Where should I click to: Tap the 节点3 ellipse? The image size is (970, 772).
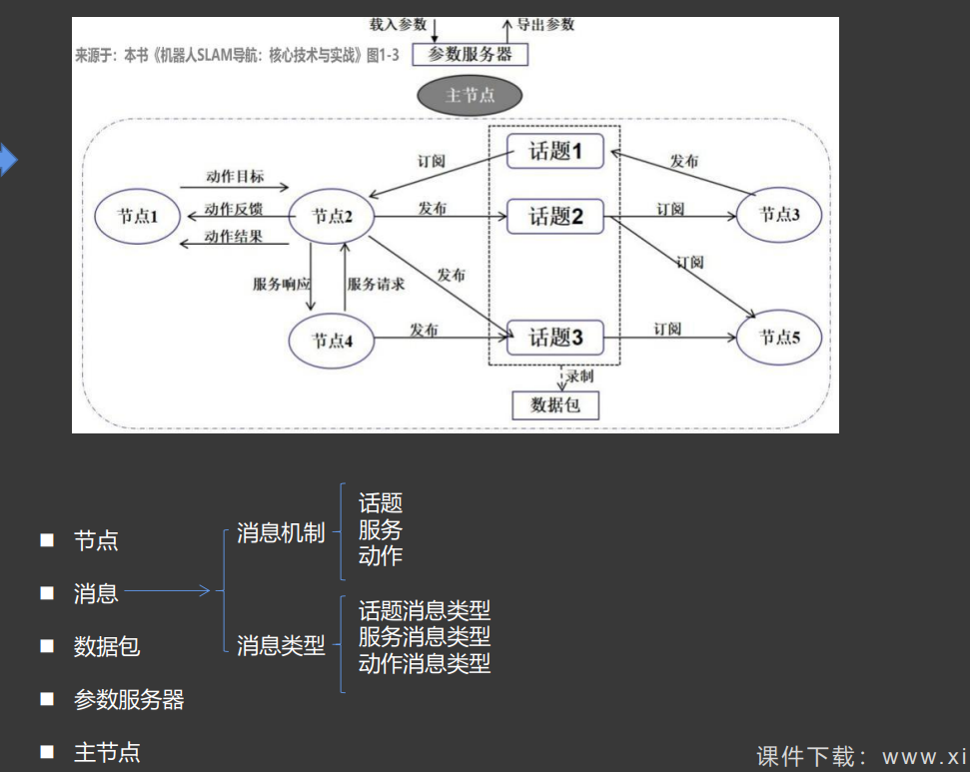(x=780, y=214)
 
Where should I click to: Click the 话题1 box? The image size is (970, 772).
(x=555, y=152)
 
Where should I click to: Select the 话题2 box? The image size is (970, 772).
(x=555, y=216)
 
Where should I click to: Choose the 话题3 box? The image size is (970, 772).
(x=555, y=338)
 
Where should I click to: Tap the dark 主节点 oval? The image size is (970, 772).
(x=470, y=96)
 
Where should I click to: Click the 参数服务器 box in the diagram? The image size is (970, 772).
(x=470, y=54)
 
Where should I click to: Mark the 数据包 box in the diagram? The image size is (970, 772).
(x=555, y=404)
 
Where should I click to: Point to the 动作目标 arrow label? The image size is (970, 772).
(x=236, y=177)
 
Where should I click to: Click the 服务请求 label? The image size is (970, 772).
(x=377, y=284)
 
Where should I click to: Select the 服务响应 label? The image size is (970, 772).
(x=282, y=284)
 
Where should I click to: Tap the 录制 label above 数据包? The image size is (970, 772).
(x=580, y=377)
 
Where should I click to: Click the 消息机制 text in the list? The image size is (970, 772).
(x=281, y=533)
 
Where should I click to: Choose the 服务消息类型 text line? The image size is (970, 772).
(x=425, y=636)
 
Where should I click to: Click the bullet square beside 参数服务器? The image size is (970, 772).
(x=46, y=699)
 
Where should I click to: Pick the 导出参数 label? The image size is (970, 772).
(x=545, y=24)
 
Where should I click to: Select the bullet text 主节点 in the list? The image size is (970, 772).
(x=107, y=752)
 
